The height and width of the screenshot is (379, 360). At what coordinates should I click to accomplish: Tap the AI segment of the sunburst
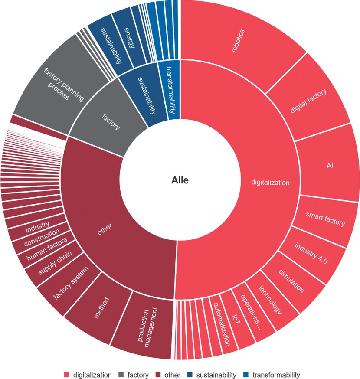[x=328, y=166]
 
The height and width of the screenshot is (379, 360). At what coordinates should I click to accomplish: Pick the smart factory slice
[x=324, y=219]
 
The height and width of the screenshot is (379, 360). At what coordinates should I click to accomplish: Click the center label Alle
[x=180, y=180]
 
